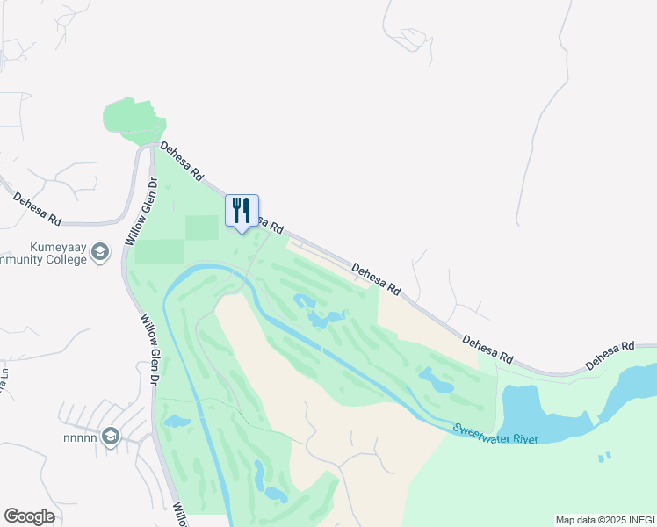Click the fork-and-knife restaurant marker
242,212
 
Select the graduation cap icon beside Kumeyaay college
100,254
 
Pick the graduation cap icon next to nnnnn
111,436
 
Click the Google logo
30,516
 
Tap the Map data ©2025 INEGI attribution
604,520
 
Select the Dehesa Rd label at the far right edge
610,355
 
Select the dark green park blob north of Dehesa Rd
132,119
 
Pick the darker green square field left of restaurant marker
201,227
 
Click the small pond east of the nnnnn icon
177,422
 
